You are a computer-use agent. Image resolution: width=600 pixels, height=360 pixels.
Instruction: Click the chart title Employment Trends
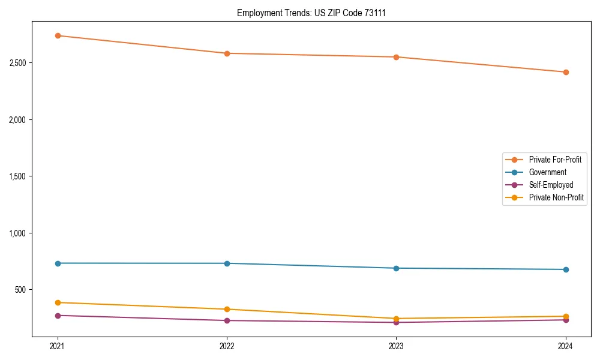pyautogui.click(x=311, y=13)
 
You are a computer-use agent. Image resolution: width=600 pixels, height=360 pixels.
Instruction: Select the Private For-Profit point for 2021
pyautogui.click(x=58, y=35)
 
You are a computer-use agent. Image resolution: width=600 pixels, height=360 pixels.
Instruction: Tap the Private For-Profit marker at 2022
pyautogui.click(x=227, y=53)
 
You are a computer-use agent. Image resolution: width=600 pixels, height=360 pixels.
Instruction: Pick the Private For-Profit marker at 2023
pyautogui.click(x=396, y=57)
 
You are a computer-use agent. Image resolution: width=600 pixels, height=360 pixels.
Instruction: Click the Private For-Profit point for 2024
pyautogui.click(x=565, y=72)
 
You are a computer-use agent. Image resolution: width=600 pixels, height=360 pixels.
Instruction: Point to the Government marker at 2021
pyautogui.click(x=58, y=263)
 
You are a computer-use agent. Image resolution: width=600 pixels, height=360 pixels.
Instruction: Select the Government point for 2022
pyautogui.click(x=227, y=263)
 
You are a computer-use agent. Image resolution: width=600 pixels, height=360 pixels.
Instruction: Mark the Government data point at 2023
pyautogui.click(x=396, y=268)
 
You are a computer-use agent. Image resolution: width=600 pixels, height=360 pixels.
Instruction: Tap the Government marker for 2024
pyautogui.click(x=565, y=269)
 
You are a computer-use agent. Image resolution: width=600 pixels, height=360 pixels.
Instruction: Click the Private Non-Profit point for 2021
pyautogui.click(x=58, y=302)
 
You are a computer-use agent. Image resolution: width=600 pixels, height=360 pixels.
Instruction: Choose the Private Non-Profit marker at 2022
pyautogui.click(x=227, y=309)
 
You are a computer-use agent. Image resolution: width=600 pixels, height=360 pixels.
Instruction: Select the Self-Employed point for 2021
pyautogui.click(x=58, y=316)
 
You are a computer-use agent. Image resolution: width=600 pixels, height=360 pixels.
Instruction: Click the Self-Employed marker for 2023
pyautogui.click(x=396, y=322)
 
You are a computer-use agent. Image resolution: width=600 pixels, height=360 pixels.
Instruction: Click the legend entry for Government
pyautogui.click(x=547, y=172)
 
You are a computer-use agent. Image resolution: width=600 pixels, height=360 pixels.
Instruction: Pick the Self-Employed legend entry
pyautogui.click(x=551, y=185)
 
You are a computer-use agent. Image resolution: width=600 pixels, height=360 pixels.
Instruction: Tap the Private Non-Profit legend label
pyautogui.click(x=556, y=197)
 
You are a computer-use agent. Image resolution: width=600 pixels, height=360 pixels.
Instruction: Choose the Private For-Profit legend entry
pyautogui.click(x=554, y=160)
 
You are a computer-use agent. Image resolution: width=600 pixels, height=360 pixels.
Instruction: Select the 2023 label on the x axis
pyautogui.click(x=396, y=346)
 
